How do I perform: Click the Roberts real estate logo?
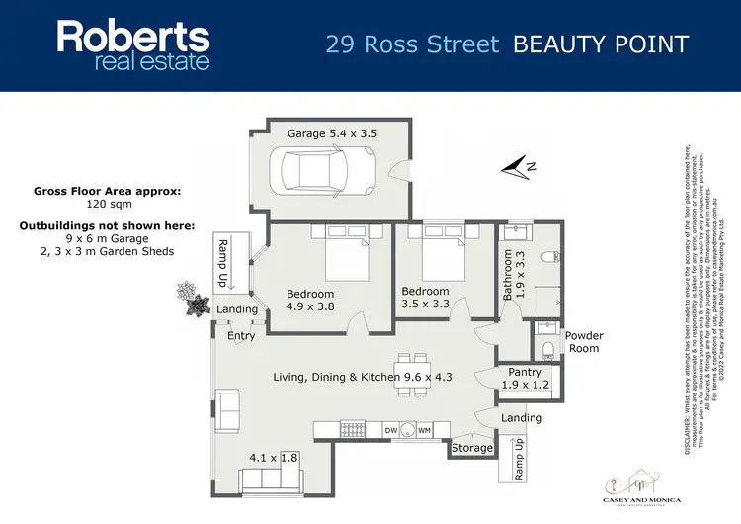coord(133,45)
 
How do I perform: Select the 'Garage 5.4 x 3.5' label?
coord(332,132)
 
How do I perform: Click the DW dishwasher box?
coord(391,430)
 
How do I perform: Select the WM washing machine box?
coord(424,430)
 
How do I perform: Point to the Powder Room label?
coord(584,342)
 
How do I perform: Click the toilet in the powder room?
coord(549,346)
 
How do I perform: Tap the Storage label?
coord(472,448)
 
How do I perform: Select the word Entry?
coord(241,336)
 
